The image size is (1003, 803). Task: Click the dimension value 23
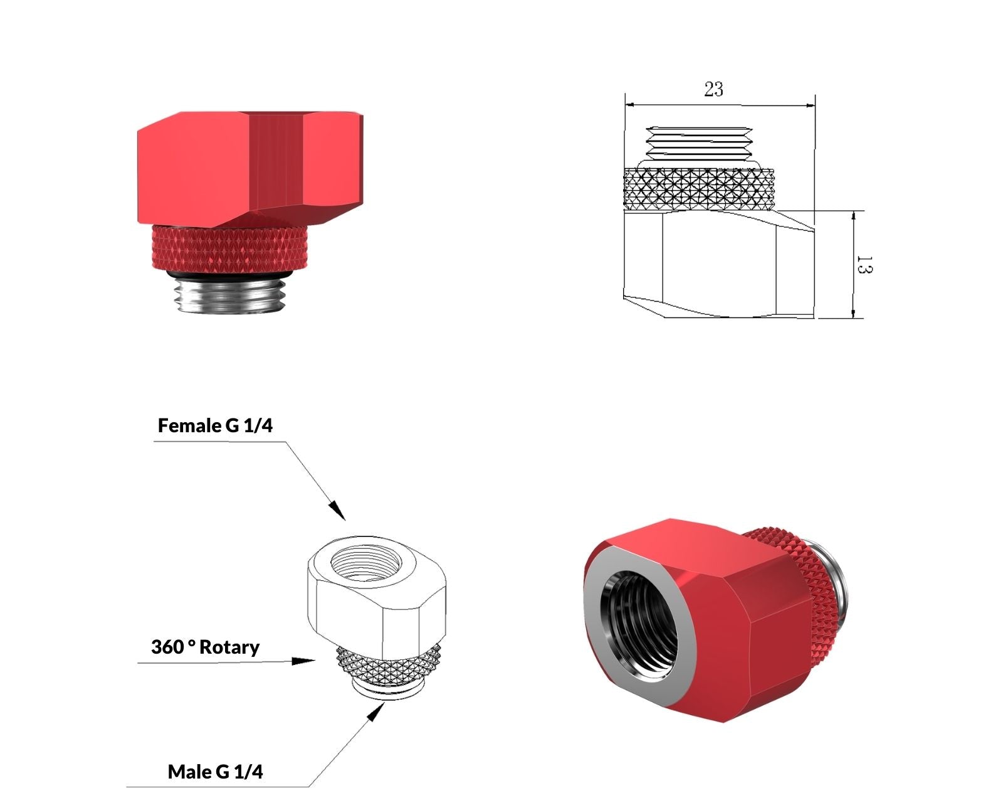[713, 89]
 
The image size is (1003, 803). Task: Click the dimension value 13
[864, 265]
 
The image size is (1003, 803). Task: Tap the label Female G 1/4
[215, 425]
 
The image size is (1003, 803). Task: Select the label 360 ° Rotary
[205, 647]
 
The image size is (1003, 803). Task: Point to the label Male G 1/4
[215, 772]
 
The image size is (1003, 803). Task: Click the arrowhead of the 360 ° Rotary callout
[303, 661]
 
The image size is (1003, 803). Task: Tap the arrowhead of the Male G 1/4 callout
[376, 711]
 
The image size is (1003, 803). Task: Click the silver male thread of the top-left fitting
[230, 295]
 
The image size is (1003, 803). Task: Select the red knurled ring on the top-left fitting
[230, 248]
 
